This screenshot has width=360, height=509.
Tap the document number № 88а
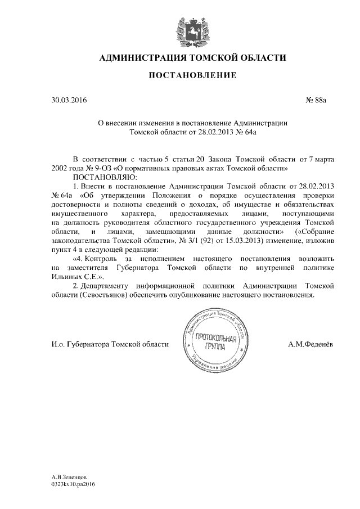click(x=316, y=101)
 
